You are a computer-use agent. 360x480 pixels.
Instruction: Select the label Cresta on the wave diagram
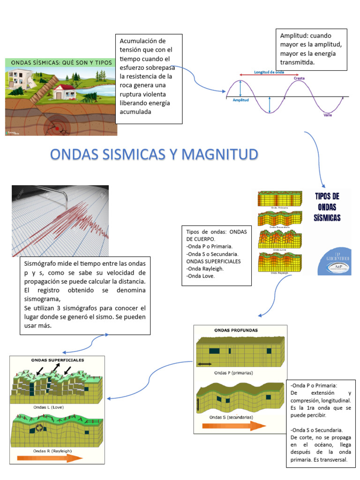pyautogui.click(x=300, y=78)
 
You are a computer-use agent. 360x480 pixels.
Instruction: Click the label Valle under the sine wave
pyautogui.click(x=328, y=115)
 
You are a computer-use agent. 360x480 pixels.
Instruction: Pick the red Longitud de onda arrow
pyautogui.click(x=269, y=75)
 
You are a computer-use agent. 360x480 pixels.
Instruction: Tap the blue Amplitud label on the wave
pyautogui.click(x=240, y=100)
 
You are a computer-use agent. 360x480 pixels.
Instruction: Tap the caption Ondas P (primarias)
pyautogui.click(x=233, y=373)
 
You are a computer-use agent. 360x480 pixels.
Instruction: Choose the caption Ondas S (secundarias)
pyautogui.click(x=232, y=417)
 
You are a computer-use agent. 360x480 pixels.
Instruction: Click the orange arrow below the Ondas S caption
pyautogui.click(x=233, y=426)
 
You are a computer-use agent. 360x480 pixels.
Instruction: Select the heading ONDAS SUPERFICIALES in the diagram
pyautogui.click(x=57, y=360)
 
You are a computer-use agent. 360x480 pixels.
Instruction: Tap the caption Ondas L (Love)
pyautogui.click(x=48, y=407)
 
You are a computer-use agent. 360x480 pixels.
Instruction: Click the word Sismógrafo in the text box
pyautogui.click(x=42, y=263)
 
